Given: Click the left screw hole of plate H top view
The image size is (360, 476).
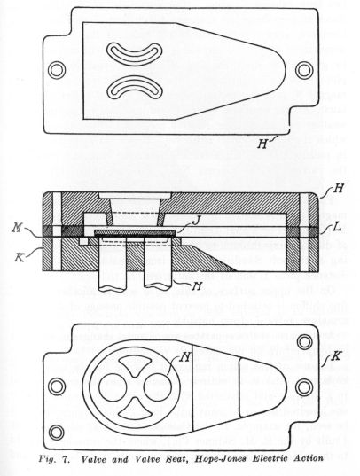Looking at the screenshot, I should pos(59,69).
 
